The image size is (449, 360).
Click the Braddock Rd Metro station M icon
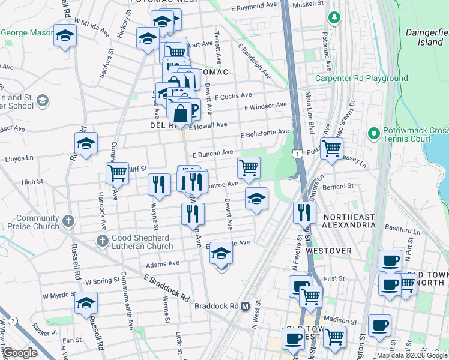(x=245, y=306)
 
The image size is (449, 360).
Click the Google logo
(x=20, y=353)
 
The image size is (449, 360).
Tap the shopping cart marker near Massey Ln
(x=331, y=148)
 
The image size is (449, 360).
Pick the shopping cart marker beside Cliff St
(x=118, y=173)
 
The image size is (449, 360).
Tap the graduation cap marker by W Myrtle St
(x=86, y=303)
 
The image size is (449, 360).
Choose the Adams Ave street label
(x=163, y=263)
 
